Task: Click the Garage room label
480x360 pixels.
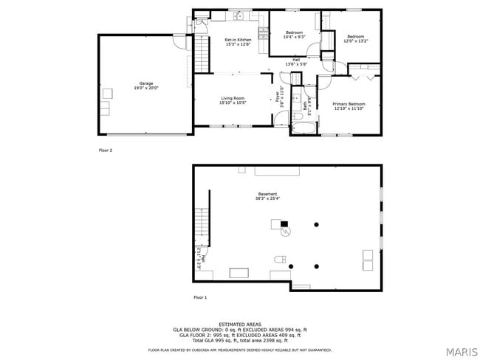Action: (x=145, y=86)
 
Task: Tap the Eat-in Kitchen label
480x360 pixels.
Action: (x=238, y=42)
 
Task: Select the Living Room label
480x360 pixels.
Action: (x=233, y=100)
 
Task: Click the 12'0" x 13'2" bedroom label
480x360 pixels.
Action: (x=355, y=39)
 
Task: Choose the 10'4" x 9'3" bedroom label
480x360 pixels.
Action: (x=294, y=35)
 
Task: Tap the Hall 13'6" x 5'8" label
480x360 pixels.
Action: (x=295, y=62)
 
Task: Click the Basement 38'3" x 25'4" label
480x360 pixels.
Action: (x=267, y=196)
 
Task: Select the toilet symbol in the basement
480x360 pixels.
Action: (x=279, y=260)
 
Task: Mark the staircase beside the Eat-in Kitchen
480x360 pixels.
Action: (x=202, y=54)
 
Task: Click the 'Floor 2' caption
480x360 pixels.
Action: (x=106, y=150)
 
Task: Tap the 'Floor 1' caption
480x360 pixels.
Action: (x=200, y=297)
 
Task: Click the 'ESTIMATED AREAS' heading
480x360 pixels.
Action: (x=239, y=324)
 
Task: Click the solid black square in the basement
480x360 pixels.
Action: (x=284, y=224)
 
